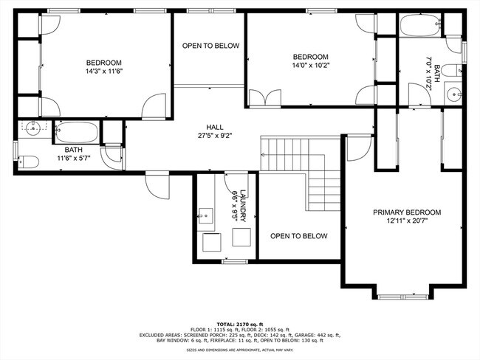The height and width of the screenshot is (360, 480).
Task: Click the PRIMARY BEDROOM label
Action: click(406, 212)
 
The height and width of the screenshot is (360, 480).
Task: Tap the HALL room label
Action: click(215, 126)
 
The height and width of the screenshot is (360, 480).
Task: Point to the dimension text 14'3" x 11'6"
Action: click(103, 72)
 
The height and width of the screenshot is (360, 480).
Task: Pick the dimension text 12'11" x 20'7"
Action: click(406, 221)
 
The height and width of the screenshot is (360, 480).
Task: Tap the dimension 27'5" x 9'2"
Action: click(215, 135)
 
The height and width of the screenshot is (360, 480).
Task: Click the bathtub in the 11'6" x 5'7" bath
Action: click(77, 133)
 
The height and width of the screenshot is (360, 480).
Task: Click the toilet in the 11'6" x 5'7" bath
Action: click(27, 161)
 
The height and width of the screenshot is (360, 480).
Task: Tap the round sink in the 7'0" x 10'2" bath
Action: click(453, 94)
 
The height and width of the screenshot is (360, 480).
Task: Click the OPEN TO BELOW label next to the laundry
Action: click(299, 236)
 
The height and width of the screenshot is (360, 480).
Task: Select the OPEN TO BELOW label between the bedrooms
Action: click(211, 46)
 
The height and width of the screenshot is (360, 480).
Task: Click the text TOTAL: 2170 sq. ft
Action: click(240, 324)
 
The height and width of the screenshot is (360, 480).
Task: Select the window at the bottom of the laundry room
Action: click(235, 261)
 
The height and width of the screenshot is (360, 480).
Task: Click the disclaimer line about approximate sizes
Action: click(240, 350)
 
